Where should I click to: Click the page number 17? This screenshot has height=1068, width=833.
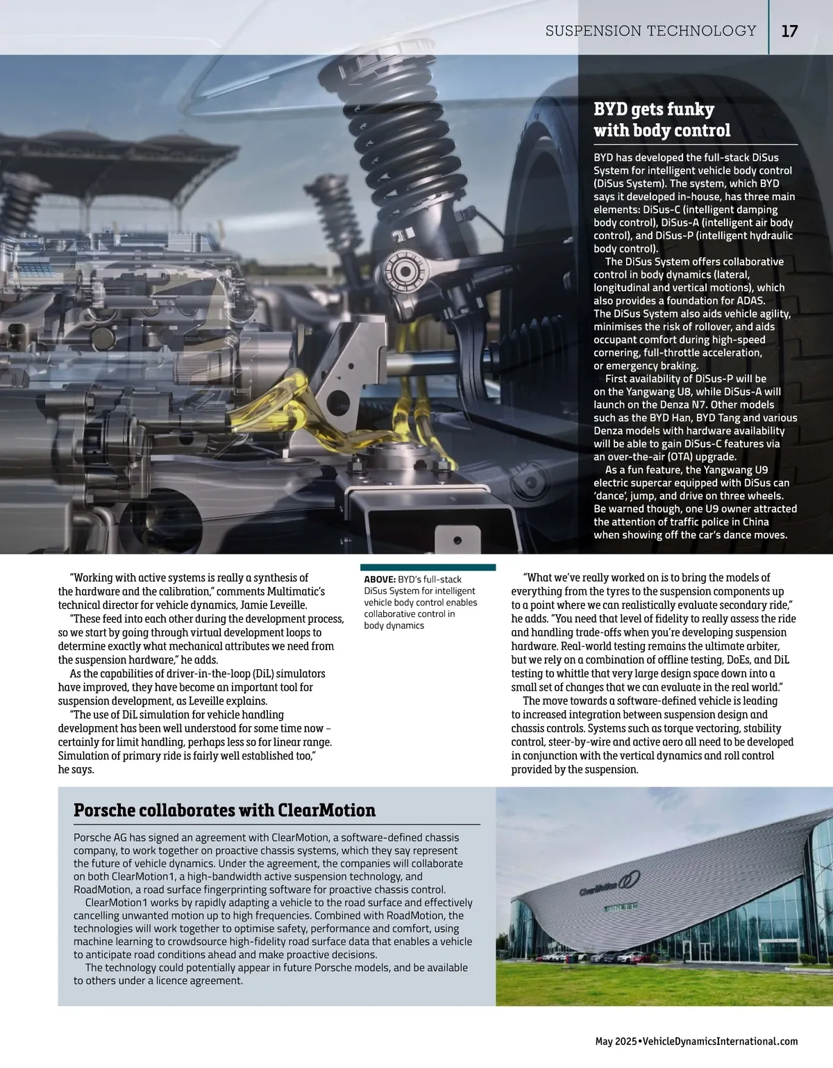[789, 31]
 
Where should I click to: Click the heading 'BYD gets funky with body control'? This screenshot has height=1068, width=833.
[662, 120]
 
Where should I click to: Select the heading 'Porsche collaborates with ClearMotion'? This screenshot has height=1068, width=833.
[224, 810]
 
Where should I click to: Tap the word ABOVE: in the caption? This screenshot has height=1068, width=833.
[379, 579]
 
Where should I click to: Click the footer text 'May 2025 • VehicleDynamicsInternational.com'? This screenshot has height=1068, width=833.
[696, 1041]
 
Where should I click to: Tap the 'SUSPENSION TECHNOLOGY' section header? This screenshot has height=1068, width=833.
[650, 31]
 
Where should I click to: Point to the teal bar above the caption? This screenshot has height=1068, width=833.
[428, 567]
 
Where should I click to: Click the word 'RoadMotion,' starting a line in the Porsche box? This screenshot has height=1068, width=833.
[101, 889]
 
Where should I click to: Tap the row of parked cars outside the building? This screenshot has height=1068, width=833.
[590, 956]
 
